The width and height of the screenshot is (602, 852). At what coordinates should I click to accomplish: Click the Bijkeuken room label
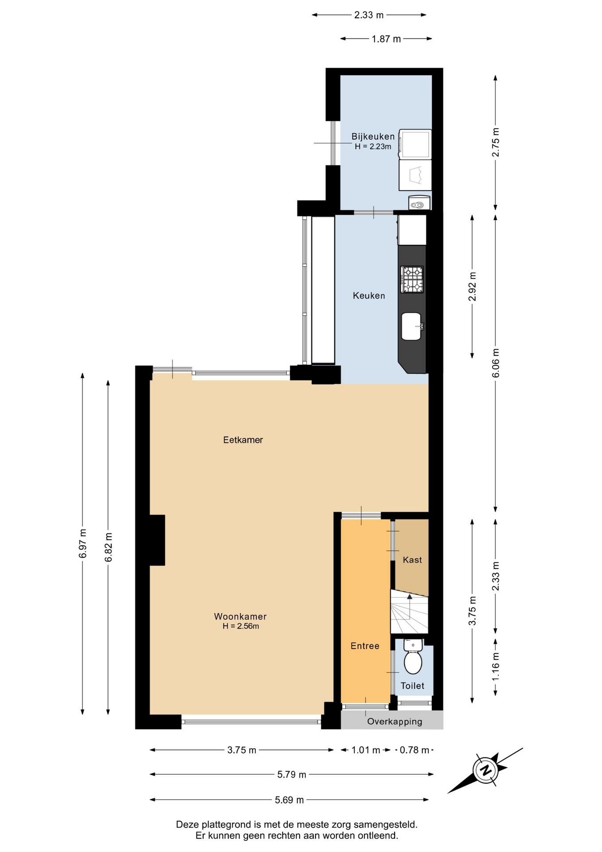[373, 136]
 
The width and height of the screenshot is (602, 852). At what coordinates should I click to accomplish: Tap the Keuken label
[369, 296]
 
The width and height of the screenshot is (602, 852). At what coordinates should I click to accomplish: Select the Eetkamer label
[243, 440]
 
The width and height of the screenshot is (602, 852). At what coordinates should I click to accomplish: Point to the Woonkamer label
[240, 616]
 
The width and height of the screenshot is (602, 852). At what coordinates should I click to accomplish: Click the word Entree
[365, 646]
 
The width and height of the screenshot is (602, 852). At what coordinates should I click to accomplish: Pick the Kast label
[412, 560]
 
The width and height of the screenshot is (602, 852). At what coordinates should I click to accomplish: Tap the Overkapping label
[395, 722]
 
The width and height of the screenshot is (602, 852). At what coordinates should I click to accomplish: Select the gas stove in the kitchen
[412, 280]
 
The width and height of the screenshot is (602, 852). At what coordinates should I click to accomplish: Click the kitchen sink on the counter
[412, 326]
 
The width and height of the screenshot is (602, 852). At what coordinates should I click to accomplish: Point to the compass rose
[486, 770]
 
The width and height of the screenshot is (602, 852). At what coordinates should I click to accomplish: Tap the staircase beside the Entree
[409, 611]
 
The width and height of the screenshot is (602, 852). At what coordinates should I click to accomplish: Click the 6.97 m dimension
[82, 544]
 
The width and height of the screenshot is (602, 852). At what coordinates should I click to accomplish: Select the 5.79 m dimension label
[292, 774]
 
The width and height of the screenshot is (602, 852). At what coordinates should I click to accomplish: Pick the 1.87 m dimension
[386, 39]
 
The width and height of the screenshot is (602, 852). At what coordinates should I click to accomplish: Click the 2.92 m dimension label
[472, 286]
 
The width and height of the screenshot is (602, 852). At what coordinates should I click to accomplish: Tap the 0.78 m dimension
[414, 750]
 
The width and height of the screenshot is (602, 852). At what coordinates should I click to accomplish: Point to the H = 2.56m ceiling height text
[241, 626]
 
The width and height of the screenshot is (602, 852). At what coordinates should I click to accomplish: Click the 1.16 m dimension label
[496, 667]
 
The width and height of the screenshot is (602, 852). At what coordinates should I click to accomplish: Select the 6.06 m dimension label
[496, 363]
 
